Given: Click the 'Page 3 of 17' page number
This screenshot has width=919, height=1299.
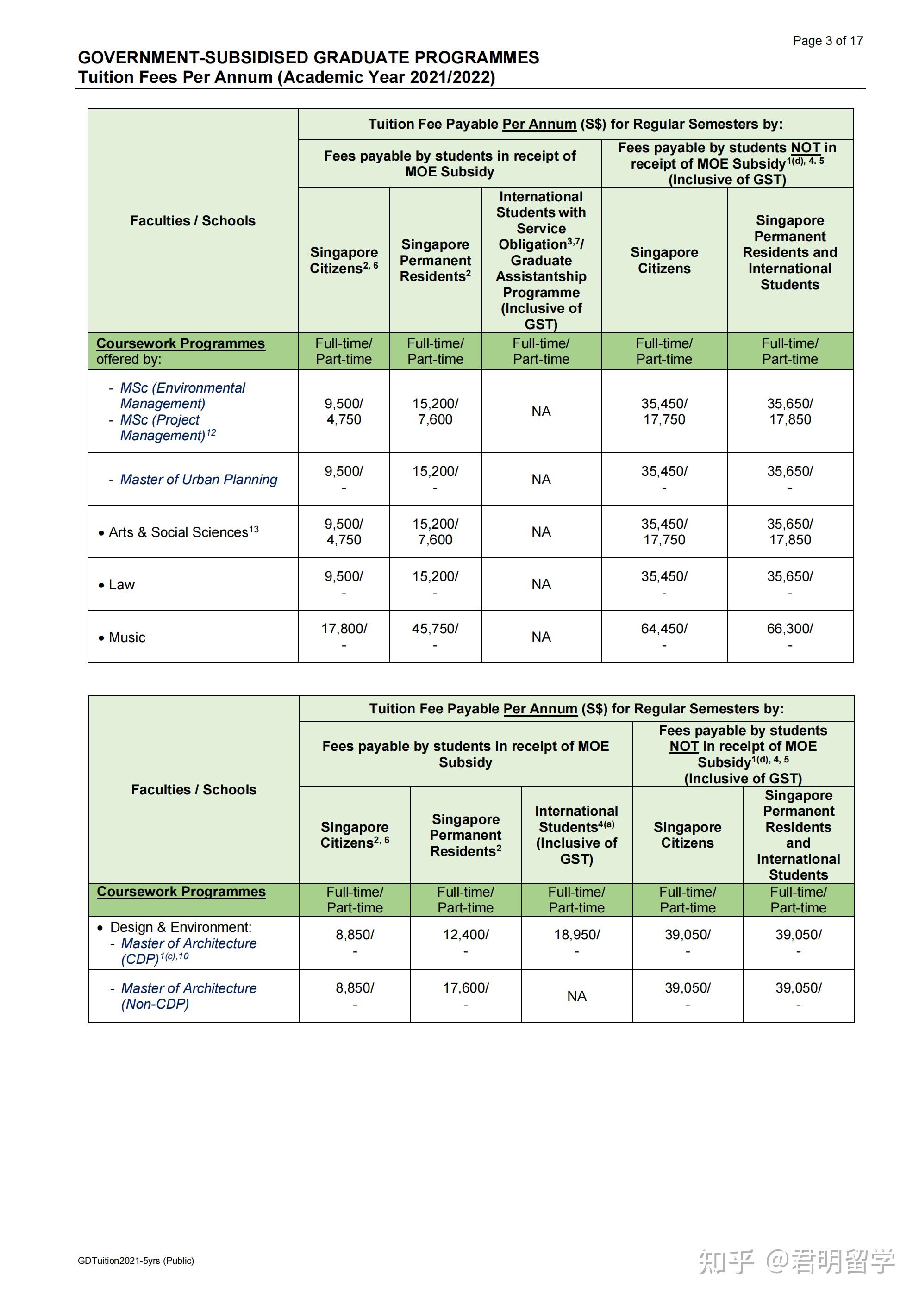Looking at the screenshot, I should [827, 41].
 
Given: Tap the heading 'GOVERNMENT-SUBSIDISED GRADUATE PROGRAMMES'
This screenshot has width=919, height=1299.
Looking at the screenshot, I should [308, 58].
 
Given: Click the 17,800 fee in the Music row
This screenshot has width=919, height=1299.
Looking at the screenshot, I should [344, 629].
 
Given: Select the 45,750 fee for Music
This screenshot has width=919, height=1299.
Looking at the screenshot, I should [435, 629].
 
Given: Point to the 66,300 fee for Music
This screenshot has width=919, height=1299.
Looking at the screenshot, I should [789, 629].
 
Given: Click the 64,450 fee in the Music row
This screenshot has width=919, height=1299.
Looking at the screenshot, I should [664, 629].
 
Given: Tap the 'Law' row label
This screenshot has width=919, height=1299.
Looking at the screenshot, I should [122, 584].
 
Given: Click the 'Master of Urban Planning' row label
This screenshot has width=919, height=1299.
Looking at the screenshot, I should [199, 479].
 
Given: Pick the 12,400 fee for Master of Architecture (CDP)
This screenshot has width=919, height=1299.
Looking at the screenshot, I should [465, 935].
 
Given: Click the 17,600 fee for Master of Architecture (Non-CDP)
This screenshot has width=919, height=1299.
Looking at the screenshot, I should [465, 988].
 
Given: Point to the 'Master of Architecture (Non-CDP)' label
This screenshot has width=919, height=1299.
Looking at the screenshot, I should [188, 996].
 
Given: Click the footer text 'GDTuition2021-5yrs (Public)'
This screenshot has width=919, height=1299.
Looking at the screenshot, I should [136, 1261].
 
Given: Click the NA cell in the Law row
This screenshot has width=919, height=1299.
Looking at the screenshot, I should [541, 584].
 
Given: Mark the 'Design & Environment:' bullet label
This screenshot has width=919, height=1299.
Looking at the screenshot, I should [181, 927].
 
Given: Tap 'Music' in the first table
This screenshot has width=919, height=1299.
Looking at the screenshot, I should [127, 637].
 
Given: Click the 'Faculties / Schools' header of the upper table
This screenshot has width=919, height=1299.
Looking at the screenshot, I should [193, 221].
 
